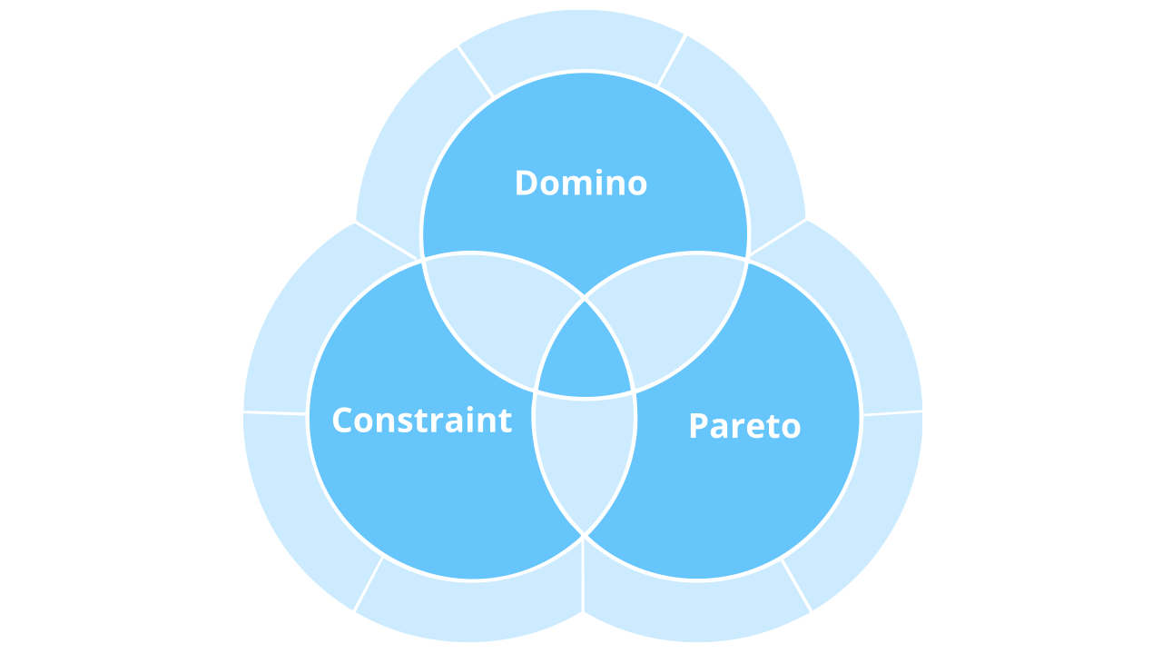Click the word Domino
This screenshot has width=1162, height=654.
coord(581,183)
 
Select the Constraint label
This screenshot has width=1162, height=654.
coord(422,421)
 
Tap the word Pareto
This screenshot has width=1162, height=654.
coord(744,426)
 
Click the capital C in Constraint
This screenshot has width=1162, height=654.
coord(343,421)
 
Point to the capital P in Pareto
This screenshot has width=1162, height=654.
coord(698,426)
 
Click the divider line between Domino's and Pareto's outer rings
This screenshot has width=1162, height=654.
coord(777,237)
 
